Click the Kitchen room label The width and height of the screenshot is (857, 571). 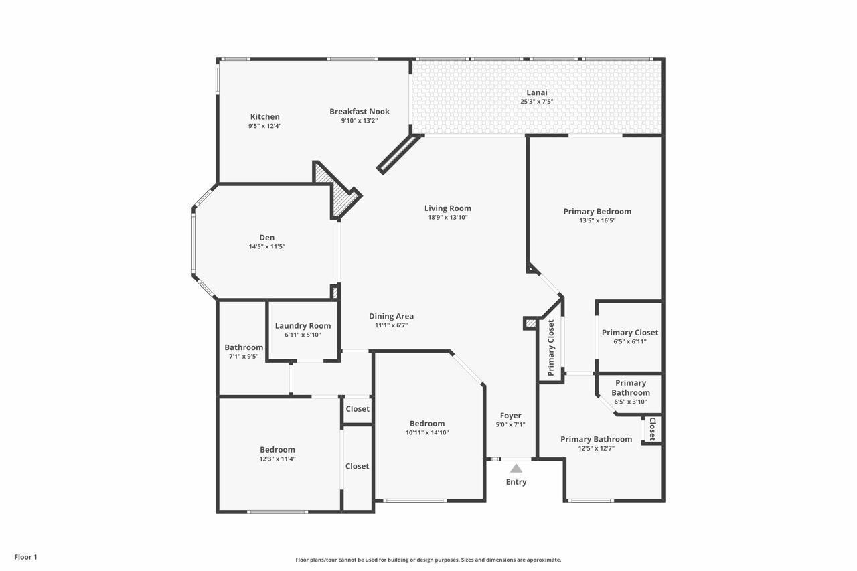[x=264, y=117]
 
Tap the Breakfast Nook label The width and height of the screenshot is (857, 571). [x=359, y=112]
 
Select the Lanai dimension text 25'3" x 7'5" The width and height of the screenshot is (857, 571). [x=536, y=102]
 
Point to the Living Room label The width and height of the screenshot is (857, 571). [x=447, y=208]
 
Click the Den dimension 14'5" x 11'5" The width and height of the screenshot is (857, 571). [x=266, y=246]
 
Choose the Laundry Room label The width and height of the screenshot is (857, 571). [x=303, y=326]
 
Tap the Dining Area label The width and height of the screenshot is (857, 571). [x=391, y=316]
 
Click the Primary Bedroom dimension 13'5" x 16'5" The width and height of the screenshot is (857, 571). [x=597, y=220]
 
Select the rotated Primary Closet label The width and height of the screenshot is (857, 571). [x=551, y=347]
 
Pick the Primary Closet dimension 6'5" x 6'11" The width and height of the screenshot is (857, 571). [x=629, y=341]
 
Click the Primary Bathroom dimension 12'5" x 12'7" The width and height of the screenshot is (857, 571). [x=596, y=448]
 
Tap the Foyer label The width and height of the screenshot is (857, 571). [x=510, y=416]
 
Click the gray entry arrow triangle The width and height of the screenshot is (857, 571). [x=516, y=469]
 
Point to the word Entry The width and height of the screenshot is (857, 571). [x=516, y=482]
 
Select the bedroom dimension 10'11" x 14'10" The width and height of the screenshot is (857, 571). [x=427, y=432]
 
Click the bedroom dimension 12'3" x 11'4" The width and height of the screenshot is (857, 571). [x=277, y=459]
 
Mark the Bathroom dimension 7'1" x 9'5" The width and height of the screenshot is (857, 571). [x=243, y=356]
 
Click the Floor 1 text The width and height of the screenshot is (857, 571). [x=26, y=557]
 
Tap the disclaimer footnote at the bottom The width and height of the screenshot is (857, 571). [x=428, y=560]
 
